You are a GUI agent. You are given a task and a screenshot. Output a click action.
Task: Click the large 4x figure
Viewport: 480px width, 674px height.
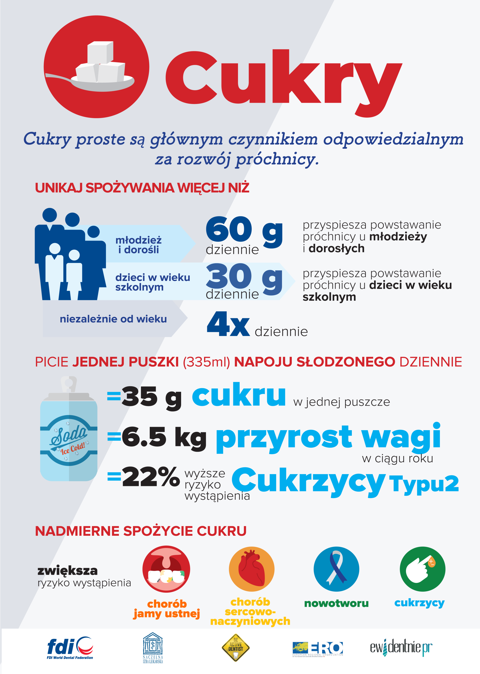(x=228, y=324)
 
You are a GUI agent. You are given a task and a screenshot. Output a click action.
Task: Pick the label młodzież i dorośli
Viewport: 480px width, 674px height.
(x=138, y=245)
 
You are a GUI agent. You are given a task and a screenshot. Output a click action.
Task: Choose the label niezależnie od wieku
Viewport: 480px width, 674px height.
(x=113, y=319)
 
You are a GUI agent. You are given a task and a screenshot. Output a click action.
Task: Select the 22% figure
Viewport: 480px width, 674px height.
(x=151, y=477)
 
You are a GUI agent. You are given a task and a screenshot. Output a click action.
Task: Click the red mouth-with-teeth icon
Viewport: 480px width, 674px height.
(x=166, y=569)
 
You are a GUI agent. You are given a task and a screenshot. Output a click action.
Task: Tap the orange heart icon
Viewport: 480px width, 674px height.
(x=251, y=569)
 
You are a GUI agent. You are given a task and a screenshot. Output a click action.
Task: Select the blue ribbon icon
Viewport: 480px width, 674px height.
(x=336, y=569)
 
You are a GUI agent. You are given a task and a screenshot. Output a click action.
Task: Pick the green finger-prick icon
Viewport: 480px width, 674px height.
(x=422, y=569)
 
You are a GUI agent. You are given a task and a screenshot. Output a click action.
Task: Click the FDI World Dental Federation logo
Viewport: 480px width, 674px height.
(x=70, y=648)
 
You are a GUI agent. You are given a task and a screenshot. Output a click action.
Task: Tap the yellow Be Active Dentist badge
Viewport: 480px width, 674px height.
(x=236, y=648)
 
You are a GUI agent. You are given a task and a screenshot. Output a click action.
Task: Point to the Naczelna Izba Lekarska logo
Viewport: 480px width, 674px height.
(x=153, y=648)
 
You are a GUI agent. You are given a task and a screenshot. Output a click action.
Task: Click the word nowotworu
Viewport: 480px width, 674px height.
(x=336, y=603)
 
